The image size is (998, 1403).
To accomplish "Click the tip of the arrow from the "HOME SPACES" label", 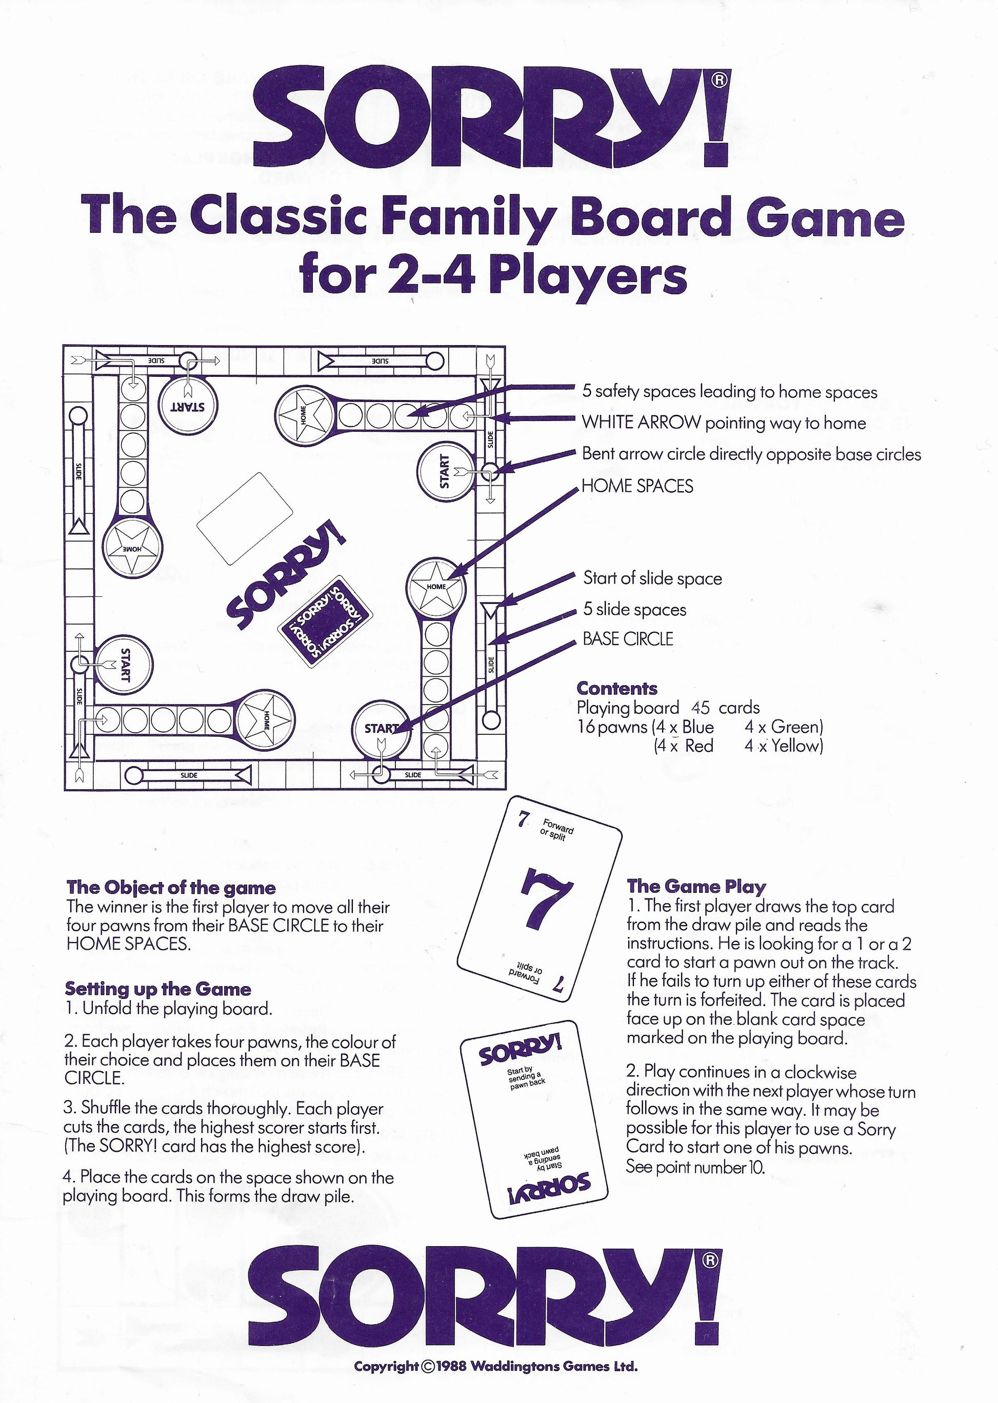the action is [x=447, y=578].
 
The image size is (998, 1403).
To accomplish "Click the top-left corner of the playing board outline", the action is [x=64, y=346].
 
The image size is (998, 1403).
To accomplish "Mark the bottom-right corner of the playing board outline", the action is [x=505, y=790].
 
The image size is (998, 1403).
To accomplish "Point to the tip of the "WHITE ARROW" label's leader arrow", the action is [x=489, y=418].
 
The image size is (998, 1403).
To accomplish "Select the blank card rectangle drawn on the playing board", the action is [x=245, y=518].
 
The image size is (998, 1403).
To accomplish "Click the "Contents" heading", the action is [x=617, y=688].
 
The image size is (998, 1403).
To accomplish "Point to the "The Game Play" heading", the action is [x=695, y=886].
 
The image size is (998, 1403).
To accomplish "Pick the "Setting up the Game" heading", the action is [x=158, y=989].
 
